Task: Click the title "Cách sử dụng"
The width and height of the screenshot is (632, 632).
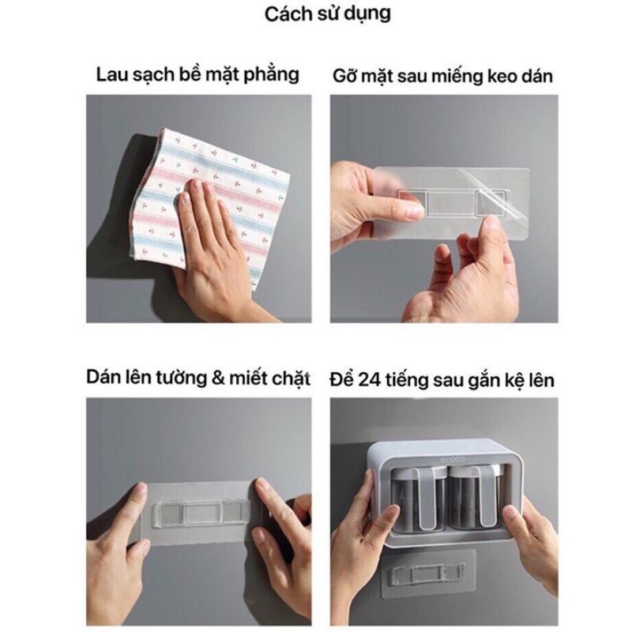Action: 328,14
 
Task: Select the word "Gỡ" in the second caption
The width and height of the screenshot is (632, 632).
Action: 344,76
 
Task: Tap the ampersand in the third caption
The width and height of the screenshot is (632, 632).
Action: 218,379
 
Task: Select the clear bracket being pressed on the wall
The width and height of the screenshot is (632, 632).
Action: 201,512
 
